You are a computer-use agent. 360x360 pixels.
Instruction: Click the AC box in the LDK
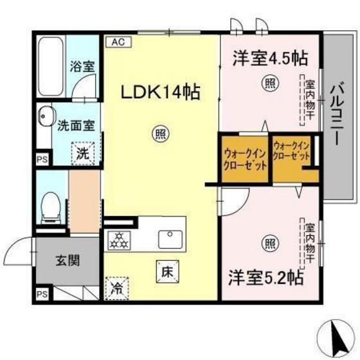(118, 42)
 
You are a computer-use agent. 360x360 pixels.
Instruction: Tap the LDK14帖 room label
(161, 93)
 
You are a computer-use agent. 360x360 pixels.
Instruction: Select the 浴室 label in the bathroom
(82, 66)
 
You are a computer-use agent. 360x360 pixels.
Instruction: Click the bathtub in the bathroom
(51, 67)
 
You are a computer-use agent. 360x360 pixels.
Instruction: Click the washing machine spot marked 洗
(83, 154)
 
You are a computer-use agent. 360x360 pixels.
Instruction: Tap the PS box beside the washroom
(42, 159)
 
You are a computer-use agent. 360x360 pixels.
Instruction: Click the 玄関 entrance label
(67, 261)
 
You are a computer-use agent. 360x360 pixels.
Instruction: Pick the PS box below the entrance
(42, 294)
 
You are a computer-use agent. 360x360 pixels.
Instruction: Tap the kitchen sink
(170, 239)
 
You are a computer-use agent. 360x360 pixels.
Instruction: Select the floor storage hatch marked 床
(167, 272)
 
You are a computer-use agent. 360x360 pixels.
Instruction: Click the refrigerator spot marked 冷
(116, 289)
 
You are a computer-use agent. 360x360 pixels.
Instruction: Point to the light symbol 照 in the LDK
(161, 134)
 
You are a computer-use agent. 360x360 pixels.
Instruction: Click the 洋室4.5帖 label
(270, 59)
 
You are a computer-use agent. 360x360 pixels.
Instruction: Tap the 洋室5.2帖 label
(266, 278)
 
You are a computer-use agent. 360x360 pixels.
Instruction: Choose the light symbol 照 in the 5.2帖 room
(270, 244)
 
